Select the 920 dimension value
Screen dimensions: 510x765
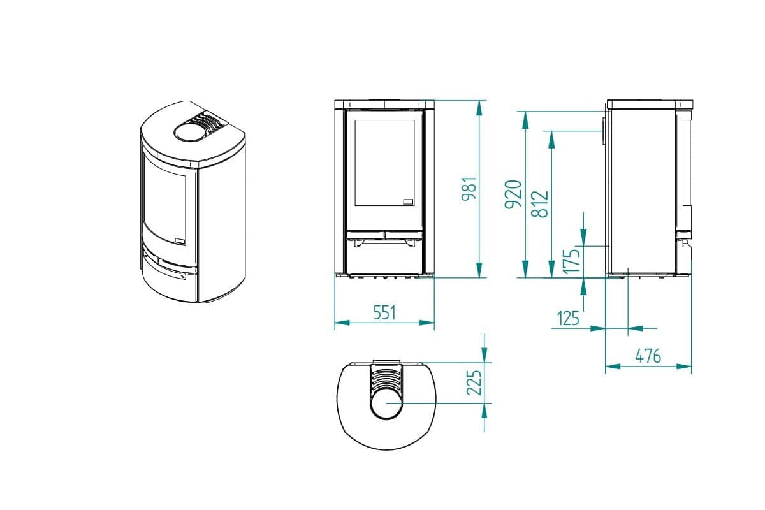click(x=514, y=194)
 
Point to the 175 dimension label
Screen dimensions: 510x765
click(x=572, y=261)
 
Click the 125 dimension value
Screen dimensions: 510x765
click(x=568, y=317)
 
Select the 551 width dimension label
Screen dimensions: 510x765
click(x=384, y=312)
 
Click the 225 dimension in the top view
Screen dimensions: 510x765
click(x=474, y=382)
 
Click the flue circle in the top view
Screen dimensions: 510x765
click(x=385, y=404)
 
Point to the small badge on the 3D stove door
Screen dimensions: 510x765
click(x=180, y=240)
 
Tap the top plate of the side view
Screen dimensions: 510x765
click(x=649, y=103)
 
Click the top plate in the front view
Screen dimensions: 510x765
click(x=384, y=103)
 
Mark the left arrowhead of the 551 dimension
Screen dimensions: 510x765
click(x=339, y=323)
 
